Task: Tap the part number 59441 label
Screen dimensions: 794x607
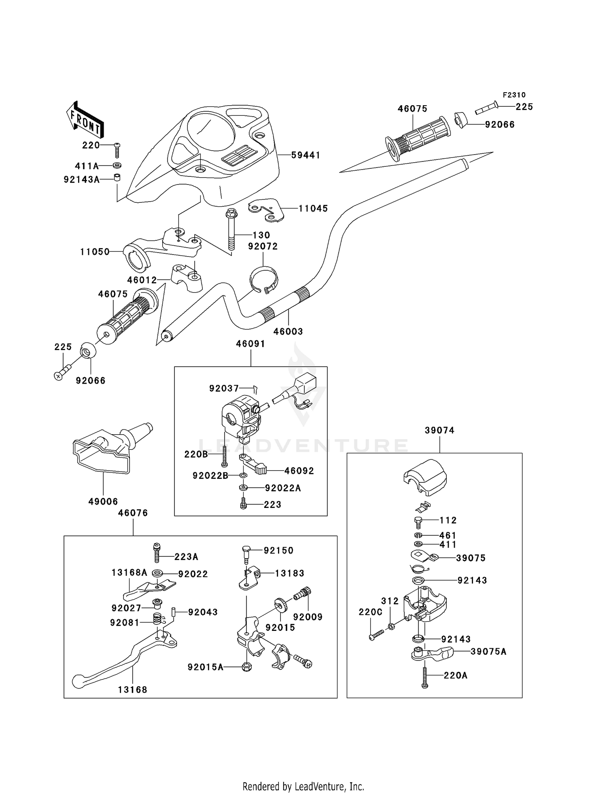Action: [x=306, y=155]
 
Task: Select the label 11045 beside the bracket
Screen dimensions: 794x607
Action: [x=313, y=208]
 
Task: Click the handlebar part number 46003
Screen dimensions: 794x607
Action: [x=288, y=331]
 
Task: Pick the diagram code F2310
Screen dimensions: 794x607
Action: [x=514, y=95]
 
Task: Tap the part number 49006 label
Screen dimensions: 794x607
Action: [x=103, y=501]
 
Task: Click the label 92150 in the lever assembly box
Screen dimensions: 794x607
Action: [x=278, y=550]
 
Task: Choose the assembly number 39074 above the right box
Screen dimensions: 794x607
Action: [x=439, y=431]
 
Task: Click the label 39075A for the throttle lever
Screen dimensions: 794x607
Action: [x=488, y=652]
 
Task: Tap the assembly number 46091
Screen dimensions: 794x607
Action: [x=250, y=344]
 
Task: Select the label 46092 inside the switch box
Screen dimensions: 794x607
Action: [x=299, y=471]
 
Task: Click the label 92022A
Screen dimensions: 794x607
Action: [x=283, y=488]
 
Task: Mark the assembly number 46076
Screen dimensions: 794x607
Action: [x=133, y=513]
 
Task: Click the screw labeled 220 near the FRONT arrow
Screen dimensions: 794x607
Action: [x=117, y=150]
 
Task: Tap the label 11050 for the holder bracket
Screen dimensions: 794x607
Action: [x=95, y=252]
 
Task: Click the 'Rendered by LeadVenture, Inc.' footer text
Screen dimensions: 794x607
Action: [x=303, y=786]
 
